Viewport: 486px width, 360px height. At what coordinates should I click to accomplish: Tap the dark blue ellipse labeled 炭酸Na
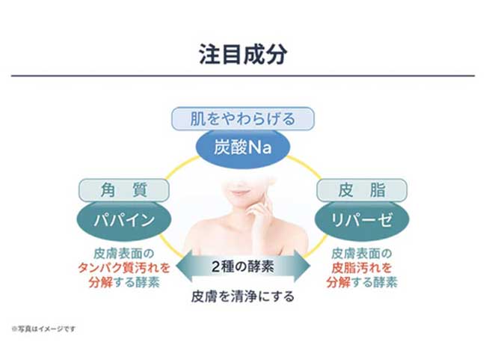[x=243, y=147]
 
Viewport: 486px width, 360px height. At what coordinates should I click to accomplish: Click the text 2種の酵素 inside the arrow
[x=242, y=264]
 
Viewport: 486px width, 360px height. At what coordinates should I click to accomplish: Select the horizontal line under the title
[x=242, y=76]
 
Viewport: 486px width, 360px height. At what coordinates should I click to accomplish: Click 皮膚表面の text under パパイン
[x=124, y=253]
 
